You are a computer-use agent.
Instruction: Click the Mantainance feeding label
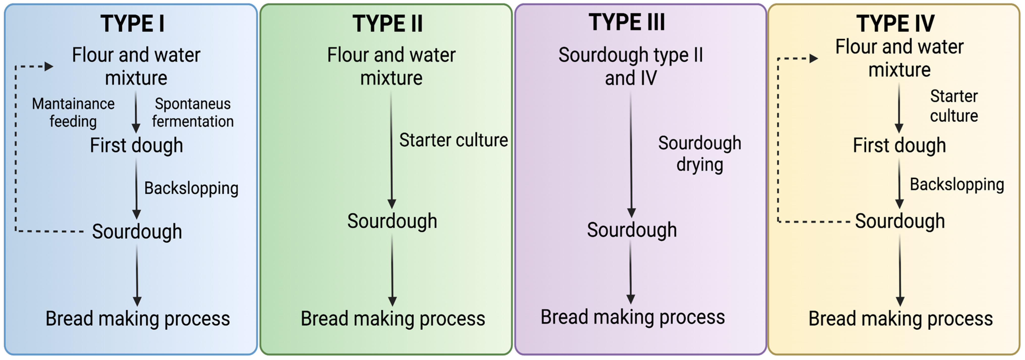[x=73, y=113]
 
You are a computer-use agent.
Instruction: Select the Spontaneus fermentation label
[x=193, y=113]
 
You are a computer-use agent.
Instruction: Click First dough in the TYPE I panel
[x=136, y=145]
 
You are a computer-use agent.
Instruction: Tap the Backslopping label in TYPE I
[x=191, y=188]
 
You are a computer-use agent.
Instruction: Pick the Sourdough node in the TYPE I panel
[x=137, y=232]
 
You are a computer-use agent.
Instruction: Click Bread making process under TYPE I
[x=138, y=319]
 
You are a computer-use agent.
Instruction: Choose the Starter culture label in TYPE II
[x=453, y=140]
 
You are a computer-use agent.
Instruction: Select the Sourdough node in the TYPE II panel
[x=392, y=221]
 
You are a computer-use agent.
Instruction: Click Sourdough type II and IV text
[x=631, y=66]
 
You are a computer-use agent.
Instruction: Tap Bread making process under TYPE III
[x=633, y=317]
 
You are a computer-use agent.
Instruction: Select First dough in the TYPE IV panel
[x=899, y=145]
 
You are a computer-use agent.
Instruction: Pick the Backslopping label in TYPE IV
[x=957, y=185]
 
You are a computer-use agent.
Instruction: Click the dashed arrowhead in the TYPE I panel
[x=49, y=66]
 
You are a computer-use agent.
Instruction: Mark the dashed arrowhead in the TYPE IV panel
[x=814, y=59]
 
